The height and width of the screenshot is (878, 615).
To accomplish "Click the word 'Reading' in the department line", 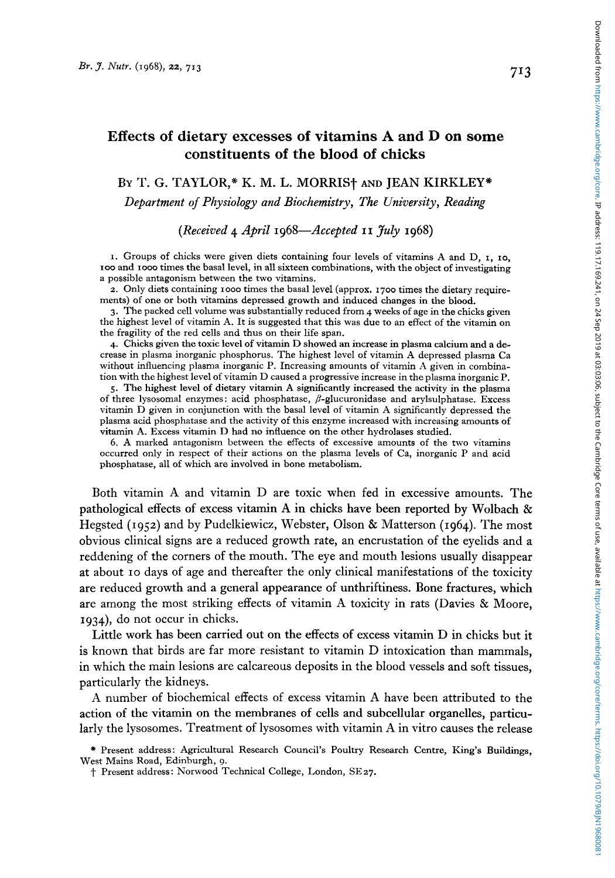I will point(465,203).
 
